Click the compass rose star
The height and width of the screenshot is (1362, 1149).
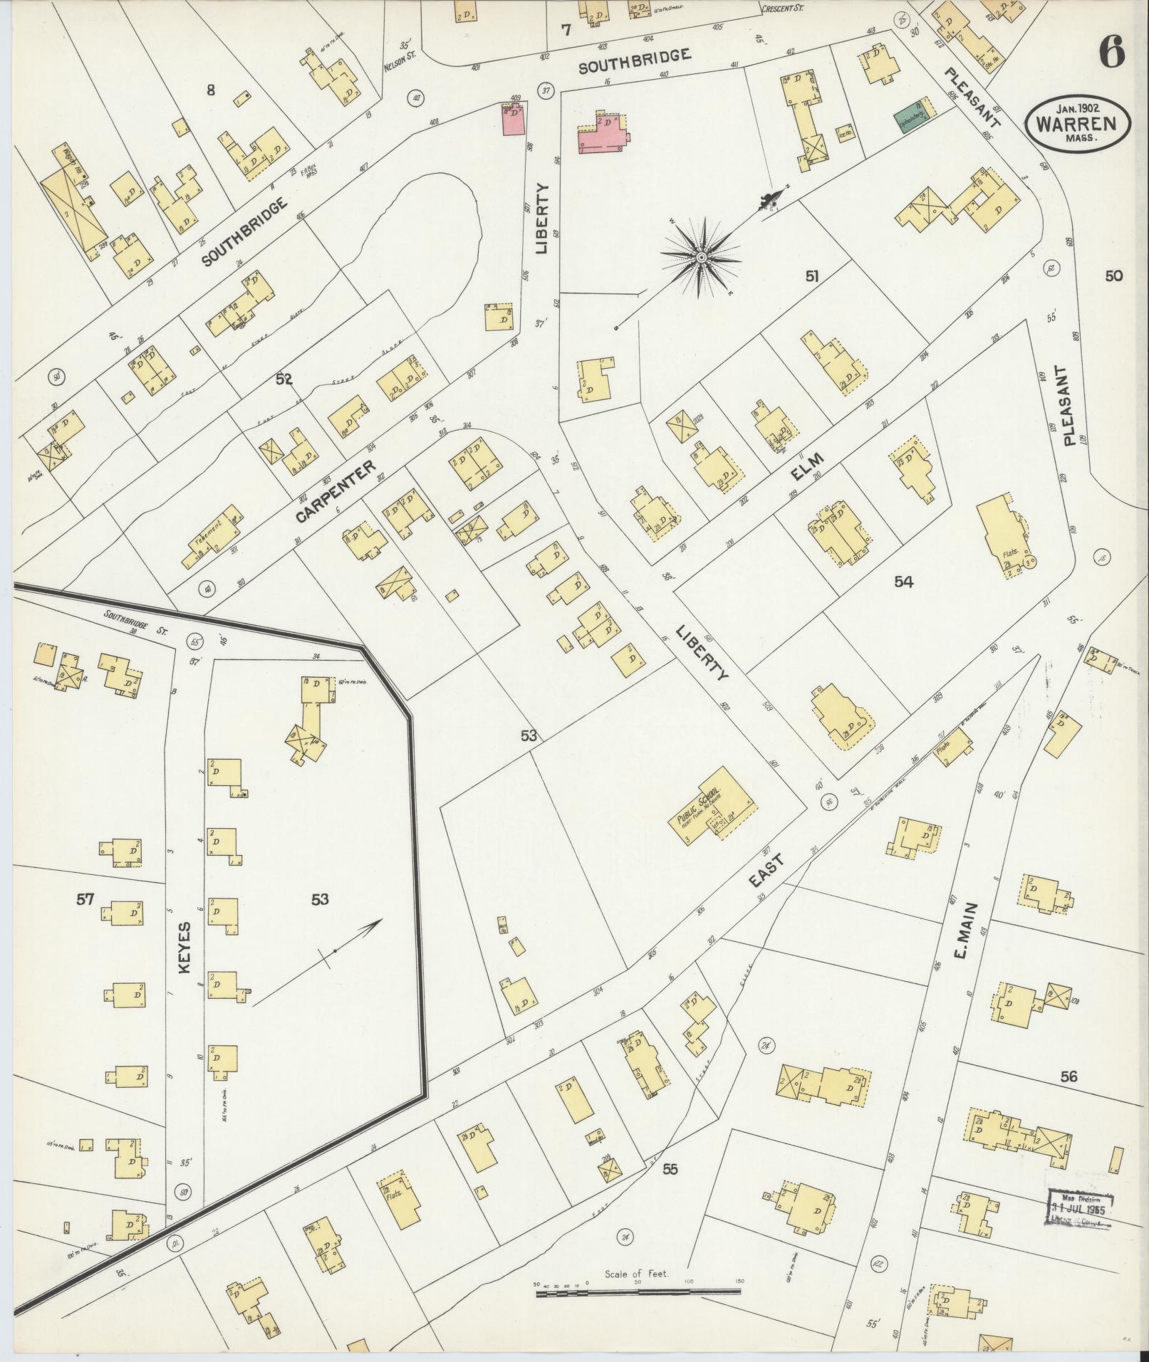[x=701, y=256]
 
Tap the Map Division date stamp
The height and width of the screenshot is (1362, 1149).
[x=1081, y=1206]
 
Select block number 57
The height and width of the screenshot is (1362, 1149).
[x=85, y=899]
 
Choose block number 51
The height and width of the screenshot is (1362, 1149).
[x=811, y=278]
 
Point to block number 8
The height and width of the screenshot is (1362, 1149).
[x=210, y=90]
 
